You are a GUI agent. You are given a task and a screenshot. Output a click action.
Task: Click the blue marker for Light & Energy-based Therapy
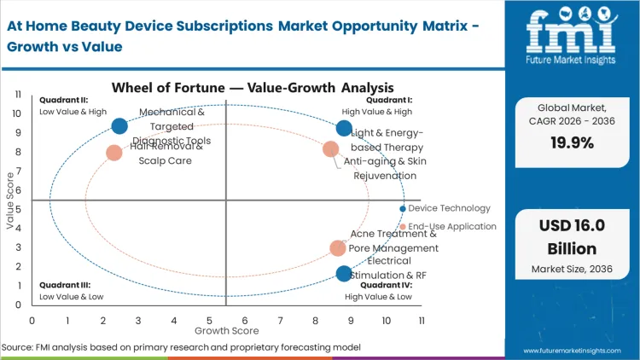(x=344, y=129)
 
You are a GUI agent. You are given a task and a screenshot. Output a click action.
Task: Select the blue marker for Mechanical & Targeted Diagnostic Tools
(x=119, y=126)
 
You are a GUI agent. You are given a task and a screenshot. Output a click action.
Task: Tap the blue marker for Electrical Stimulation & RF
(x=344, y=274)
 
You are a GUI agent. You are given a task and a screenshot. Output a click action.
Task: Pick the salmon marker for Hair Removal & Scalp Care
(x=114, y=153)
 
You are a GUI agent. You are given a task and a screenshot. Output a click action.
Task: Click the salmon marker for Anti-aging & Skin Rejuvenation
(x=331, y=149)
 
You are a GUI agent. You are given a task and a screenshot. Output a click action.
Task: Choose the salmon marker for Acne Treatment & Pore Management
(x=338, y=248)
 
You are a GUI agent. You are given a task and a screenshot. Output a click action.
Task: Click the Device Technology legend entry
(x=449, y=208)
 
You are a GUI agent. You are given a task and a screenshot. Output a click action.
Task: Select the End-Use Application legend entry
(x=452, y=226)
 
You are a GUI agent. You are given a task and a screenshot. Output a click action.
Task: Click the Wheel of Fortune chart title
(x=252, y=87)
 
